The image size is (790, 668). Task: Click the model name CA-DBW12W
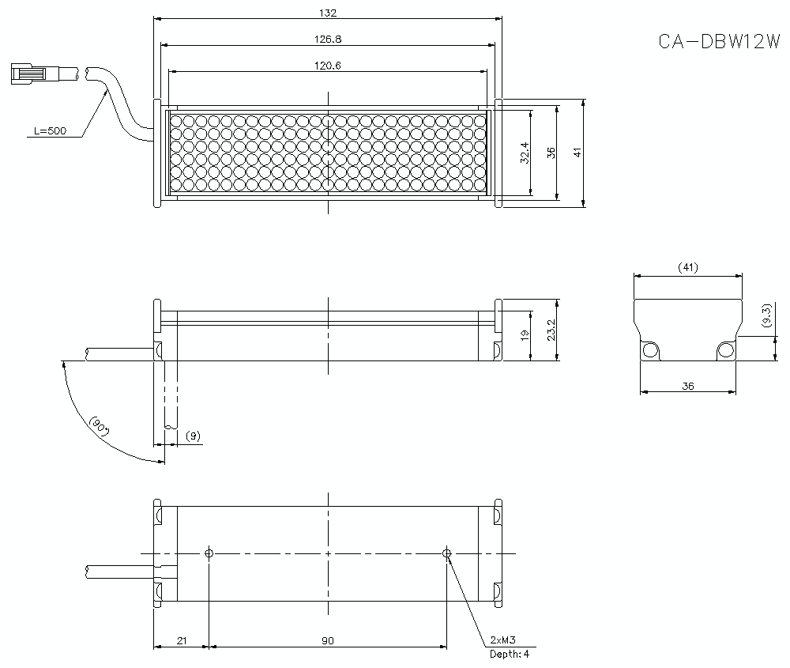[719, 41]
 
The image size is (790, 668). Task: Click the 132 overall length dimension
[328, 13]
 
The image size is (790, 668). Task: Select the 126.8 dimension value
[328, 39]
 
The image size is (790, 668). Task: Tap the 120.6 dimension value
[328, 66]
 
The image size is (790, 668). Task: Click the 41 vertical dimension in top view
[577, 152]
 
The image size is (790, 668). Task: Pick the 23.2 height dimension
[551, 330]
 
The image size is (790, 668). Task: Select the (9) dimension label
[192, 436]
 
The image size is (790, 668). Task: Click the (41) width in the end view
[687, 268]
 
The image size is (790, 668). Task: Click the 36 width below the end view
[687, 386]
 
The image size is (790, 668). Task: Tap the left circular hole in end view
[650, 349]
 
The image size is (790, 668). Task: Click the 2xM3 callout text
[503, 639]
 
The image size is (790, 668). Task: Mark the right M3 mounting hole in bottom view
[447, 553]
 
